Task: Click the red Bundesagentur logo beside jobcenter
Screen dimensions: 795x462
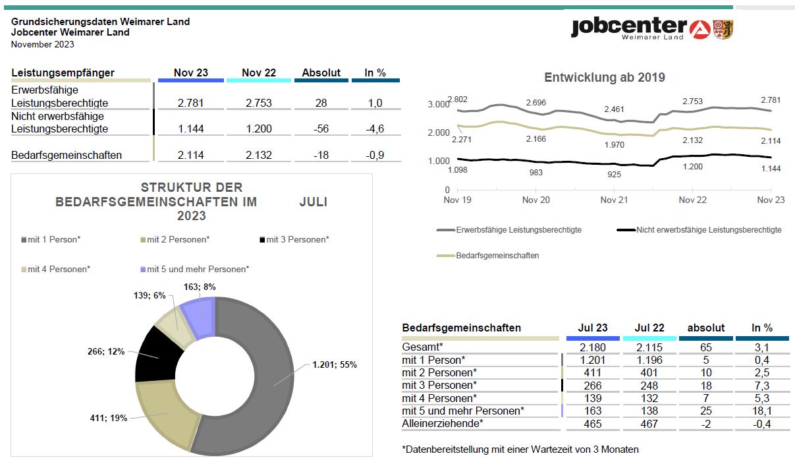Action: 700,30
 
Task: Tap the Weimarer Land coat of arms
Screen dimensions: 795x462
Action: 723,30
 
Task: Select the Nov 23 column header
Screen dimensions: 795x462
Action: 191,72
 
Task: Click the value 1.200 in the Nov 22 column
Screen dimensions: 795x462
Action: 259,129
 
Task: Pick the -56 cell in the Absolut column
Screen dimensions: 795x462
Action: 321,129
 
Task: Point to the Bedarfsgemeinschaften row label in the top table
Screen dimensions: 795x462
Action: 67,155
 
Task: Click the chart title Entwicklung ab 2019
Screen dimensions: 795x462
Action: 605,77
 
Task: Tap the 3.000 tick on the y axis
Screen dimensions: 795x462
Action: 439,104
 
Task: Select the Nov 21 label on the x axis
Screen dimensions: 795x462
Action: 614,200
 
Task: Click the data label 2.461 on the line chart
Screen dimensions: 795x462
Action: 614,109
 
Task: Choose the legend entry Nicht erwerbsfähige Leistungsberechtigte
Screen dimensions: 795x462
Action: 699,230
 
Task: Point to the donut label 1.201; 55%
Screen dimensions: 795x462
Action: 335,364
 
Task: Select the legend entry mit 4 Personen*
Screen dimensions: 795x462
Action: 56,269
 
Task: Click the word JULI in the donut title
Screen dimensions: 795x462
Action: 314,202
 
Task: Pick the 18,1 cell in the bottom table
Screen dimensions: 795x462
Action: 761,411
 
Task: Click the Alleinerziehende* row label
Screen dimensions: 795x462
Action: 443,423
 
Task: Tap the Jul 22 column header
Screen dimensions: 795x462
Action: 649,328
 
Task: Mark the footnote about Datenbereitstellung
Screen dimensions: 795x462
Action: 520,449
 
